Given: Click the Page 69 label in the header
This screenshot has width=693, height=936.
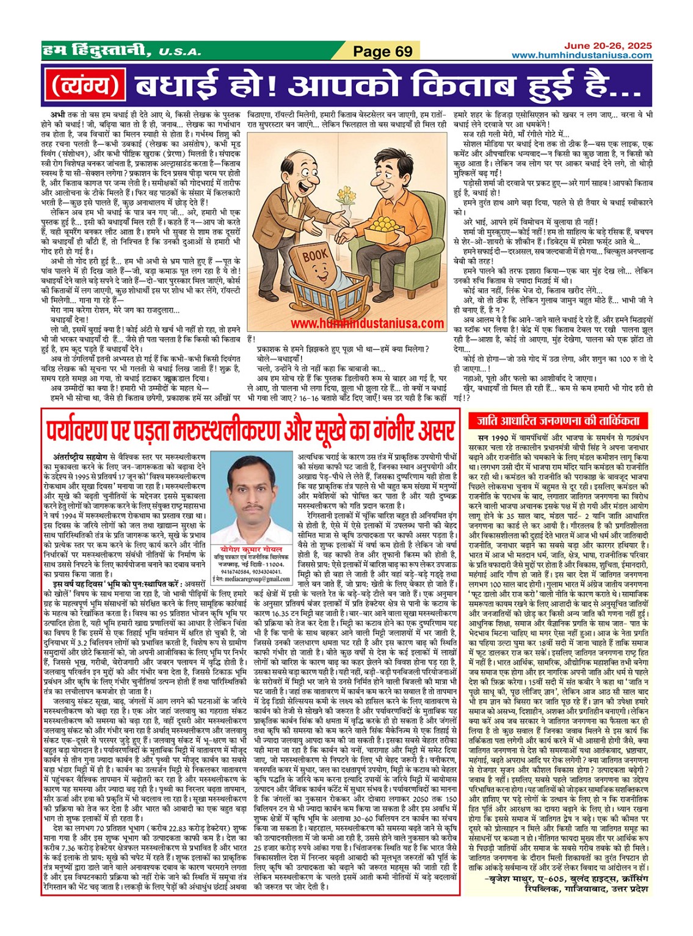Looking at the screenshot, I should [x=383, y=51].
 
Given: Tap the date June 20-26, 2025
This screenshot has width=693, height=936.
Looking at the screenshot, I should [x=608, y=46].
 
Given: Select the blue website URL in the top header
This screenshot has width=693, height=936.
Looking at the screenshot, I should [x=581, y=56].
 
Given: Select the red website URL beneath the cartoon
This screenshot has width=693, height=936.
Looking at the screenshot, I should [x=366, y=324].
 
